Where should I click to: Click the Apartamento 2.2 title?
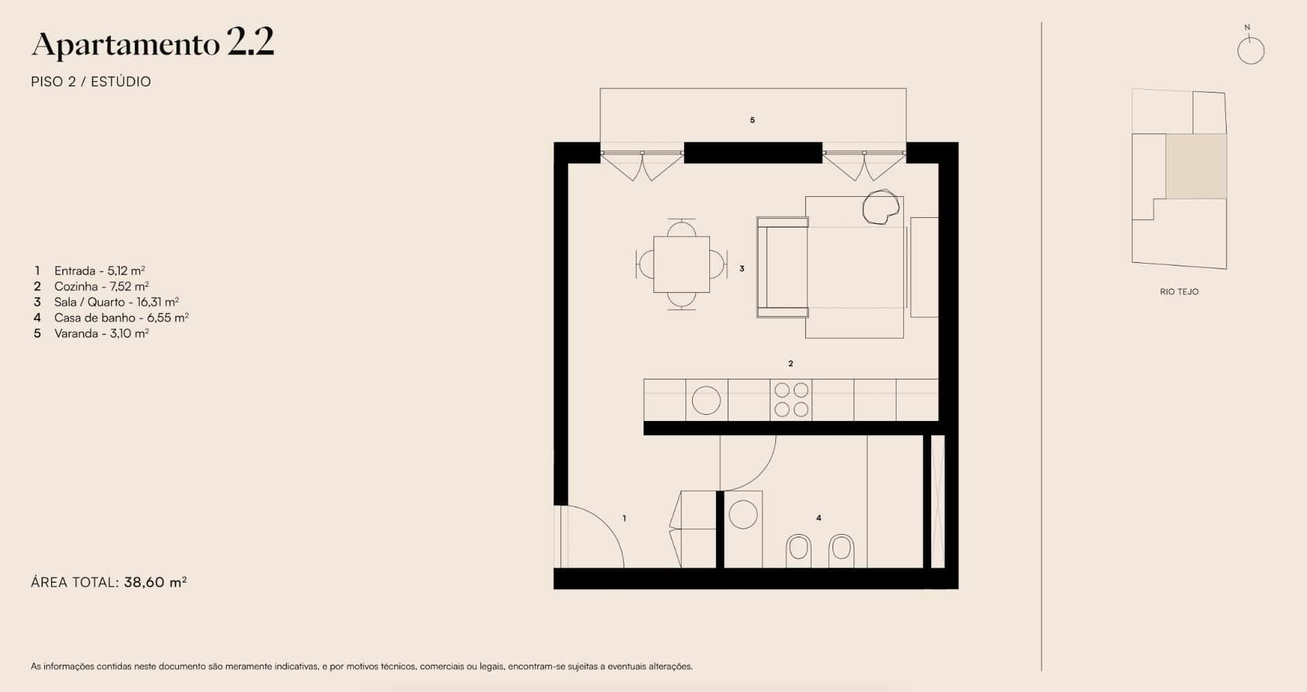[152, 44]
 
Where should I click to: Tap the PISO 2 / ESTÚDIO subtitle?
[91, 82]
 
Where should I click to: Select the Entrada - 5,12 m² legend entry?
[99, 270]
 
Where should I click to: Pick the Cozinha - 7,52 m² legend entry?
[101, 286]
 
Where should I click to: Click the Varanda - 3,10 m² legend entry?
[101, 333]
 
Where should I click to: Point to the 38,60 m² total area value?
[155, 582]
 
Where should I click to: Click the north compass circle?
[1250, 50]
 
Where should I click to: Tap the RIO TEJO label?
[1179, 292]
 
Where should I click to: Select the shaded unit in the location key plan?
[1196, 166]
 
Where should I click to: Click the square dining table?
[681, 264]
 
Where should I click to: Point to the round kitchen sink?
[706, 400]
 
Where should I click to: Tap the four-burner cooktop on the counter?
[791, 400]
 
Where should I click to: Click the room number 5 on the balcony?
[752, 120]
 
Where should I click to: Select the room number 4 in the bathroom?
[819, 518]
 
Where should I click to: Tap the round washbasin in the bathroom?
[743, 514]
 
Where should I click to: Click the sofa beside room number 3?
[782, 268]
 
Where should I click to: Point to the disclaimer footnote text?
[361, 666]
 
